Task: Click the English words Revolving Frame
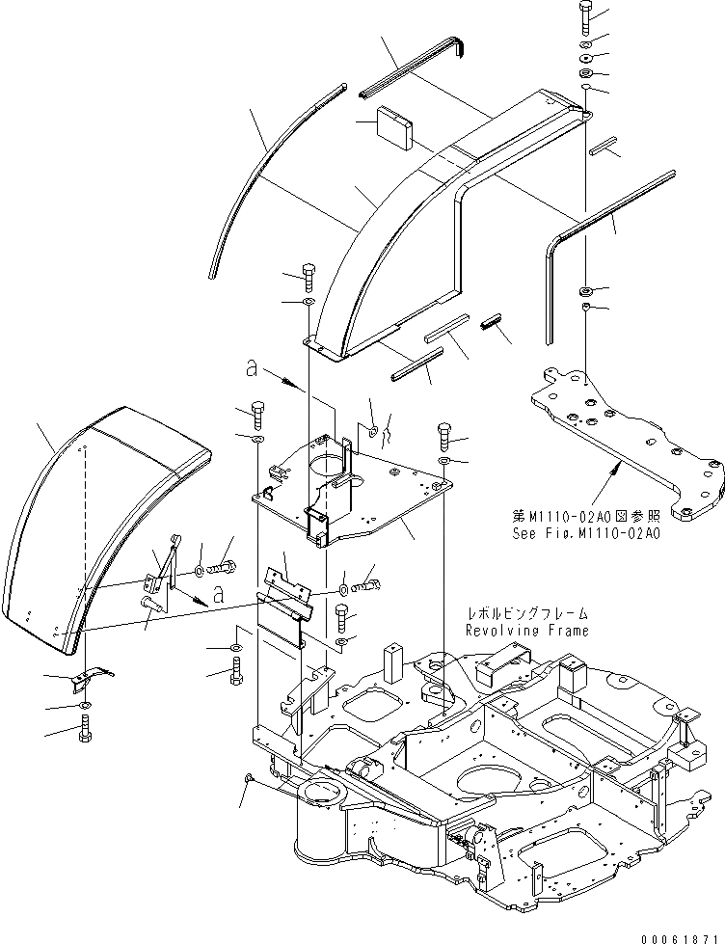click(x=526, y=631)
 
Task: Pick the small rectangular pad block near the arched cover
click(x=391, y=126)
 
